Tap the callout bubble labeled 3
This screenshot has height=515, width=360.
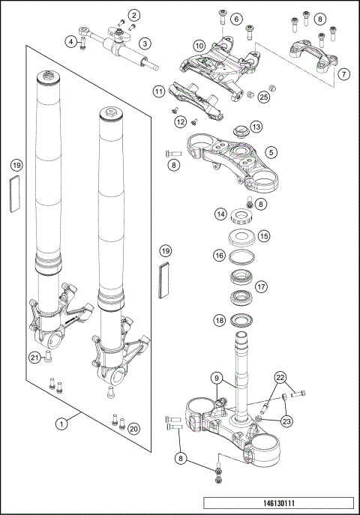point(145,43)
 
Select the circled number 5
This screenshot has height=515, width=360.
point(271,151)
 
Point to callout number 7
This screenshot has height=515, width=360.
point(343,74)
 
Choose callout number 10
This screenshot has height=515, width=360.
point(199,46)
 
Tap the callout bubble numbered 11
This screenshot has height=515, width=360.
point(158,91)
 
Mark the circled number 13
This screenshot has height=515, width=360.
point(256,127)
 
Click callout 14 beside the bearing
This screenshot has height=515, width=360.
point(220,214)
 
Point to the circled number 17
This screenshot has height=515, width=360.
point(262,286)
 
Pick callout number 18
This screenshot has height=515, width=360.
point(220,320)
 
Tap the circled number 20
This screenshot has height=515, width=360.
point(134,428)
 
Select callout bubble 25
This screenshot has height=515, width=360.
point(263,96)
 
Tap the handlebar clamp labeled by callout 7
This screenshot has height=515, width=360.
point(310,55)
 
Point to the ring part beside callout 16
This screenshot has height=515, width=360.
point(241,256)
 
